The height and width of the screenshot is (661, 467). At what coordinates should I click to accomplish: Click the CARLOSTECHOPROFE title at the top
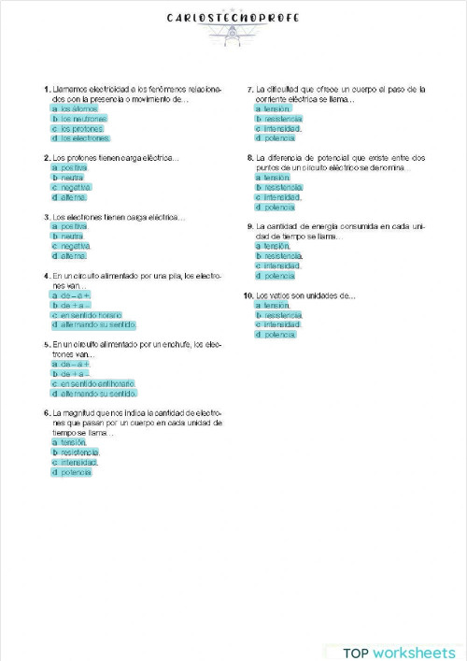tap(233, 17)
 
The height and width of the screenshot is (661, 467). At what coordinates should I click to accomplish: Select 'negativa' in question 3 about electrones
tap(76, 246)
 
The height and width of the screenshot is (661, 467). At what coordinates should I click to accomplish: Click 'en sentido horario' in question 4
tap(92, 315)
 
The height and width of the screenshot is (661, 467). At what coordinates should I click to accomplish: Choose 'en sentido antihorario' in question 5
tap(97, 383)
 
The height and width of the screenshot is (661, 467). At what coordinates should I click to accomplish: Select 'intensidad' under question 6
tap(79, 462)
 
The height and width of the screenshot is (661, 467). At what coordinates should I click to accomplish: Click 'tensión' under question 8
tap(276, 178)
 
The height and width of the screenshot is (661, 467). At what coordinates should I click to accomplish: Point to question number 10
tap(248, 295)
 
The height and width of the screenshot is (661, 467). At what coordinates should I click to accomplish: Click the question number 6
tap(47, 412)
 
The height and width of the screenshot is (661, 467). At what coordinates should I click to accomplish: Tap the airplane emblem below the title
tap(233, 35)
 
